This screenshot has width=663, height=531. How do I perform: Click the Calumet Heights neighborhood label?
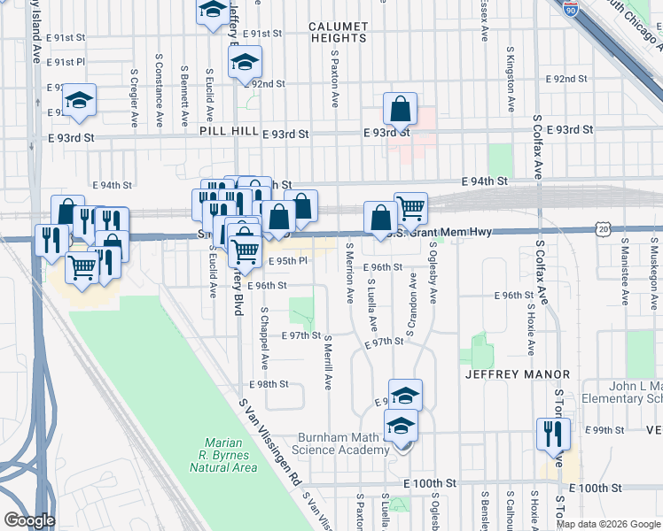[338, 33]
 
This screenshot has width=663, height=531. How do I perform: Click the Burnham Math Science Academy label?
[343, 444]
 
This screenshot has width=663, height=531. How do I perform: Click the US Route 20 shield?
[604, 230]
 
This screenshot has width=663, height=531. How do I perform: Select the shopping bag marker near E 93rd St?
[401, 111]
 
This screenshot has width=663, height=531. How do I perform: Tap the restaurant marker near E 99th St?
[553, 435]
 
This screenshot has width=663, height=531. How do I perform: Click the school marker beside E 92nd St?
[245, 64]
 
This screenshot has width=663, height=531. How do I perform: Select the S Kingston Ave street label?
[511, 79]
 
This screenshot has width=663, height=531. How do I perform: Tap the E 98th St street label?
[269, 384]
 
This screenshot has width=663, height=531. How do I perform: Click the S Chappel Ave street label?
[264, 339]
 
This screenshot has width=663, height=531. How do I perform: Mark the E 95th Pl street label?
[286, 261]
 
